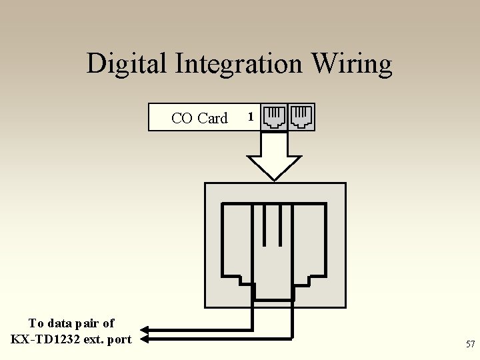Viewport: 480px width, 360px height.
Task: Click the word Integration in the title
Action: [239, 64]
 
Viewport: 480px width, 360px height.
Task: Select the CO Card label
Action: [199, 118]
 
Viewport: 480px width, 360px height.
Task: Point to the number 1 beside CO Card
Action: [250, 117]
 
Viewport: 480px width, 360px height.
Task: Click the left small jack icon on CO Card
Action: [273, 117]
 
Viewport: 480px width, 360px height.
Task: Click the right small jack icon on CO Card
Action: [301, 117]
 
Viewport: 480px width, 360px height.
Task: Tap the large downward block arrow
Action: [274, 157]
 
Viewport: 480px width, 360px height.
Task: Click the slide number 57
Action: [471, 344]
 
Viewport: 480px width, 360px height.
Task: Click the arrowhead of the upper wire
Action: [145, 329]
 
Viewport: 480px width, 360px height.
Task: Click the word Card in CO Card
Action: [213, 118]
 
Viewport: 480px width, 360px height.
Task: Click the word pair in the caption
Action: [89, 323]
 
